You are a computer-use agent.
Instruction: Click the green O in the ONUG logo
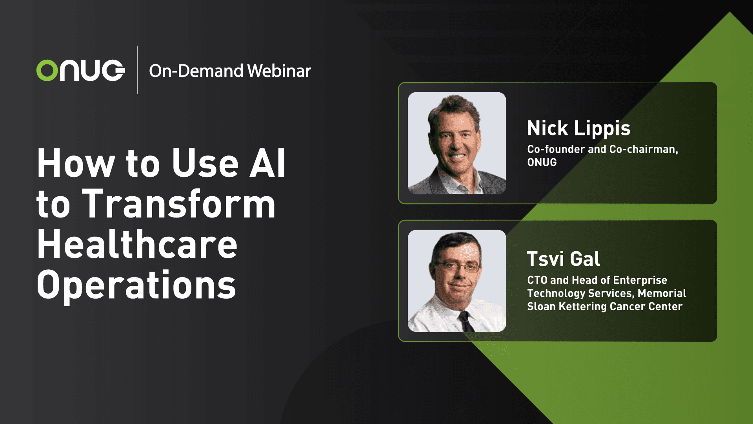tap(47, 71)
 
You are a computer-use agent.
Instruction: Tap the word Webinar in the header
tap(279, 71)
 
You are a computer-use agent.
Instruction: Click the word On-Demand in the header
tap(196, 71)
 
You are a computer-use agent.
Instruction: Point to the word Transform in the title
tap(178, 204)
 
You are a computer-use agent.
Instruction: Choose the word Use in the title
tap(205, 163)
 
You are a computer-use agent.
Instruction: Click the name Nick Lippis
tap(578, 128)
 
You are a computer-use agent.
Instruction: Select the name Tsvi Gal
tap(563, 259)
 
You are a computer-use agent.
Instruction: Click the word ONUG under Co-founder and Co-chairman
tap(542, 162)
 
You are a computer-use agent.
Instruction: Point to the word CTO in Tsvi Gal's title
tap(537, 280)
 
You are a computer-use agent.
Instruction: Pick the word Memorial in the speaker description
tap(662, 293)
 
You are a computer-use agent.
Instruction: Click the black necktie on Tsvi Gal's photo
tap(466, 321)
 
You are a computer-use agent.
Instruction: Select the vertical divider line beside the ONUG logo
tap(137, 70)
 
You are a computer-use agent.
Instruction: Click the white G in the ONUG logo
tap(112, 71)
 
